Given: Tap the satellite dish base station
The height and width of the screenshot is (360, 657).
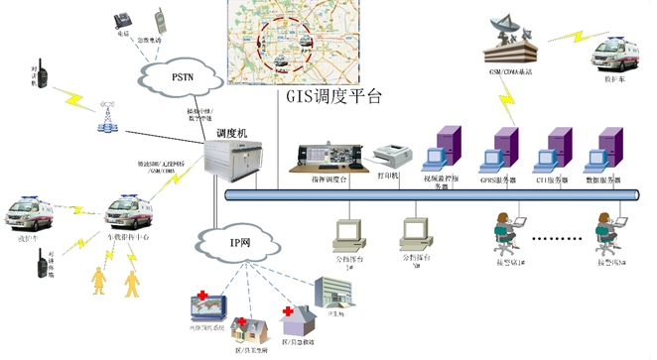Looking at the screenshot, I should click(510, 40).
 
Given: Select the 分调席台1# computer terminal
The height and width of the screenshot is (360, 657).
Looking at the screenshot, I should click(347, 234).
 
